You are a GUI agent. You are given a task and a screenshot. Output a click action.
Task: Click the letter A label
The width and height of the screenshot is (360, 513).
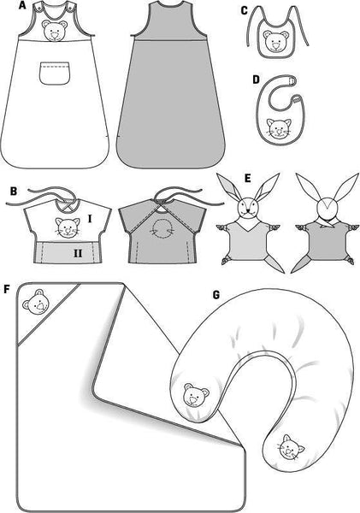pyautogui.click(x=22, y=5)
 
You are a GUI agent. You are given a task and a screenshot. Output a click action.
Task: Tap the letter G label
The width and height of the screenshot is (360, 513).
pyautogui.click(x=216, y=295)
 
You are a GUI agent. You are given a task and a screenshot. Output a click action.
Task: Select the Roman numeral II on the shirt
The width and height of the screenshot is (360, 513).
pyautogui.click(x=78, y=253)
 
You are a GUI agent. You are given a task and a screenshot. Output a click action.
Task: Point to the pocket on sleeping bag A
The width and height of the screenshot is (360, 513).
pyautogui.click(x=55, y=73)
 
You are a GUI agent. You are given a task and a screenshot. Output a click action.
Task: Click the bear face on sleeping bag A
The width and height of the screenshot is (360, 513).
pyautogui.click(x=55, y=32)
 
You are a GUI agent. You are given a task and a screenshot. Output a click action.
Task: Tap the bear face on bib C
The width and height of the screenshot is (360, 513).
pyautogui.click(x=274, y=42)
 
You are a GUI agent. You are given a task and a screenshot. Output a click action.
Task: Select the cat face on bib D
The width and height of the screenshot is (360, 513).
pyautogui.click(x=279, y=128)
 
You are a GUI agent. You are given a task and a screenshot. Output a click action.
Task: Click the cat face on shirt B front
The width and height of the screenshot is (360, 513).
pyautogui.click(x=68, y=227)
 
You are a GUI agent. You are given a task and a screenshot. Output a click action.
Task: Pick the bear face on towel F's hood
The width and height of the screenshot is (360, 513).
pyautogui.click(x=36, y=302)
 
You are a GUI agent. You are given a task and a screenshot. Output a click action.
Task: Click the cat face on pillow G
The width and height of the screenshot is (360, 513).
pyautogui.click(x=290, y=448)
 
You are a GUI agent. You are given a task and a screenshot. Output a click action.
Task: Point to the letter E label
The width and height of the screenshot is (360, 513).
pyautogui.click(x=248, y=179)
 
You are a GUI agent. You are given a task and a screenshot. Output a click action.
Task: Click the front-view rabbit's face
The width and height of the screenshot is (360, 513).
pyautogui.click(x=247, y=206)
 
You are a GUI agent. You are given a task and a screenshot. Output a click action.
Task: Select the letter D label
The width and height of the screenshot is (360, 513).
pyautogui.click(x=257, y=80)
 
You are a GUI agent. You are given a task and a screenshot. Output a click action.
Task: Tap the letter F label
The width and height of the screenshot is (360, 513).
pyautogui.click(x=7, y=289)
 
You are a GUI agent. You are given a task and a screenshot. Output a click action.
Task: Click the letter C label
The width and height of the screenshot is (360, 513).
pyautogui.click(x=245, y=11)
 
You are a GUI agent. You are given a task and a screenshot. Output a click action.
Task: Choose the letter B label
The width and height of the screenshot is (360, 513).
pyautogui.click(x=14, y=191)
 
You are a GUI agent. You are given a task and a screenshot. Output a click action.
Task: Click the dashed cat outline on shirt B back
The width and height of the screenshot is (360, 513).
pyautogui.click(x=161, y=227)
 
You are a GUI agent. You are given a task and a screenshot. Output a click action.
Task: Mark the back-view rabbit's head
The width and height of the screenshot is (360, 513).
pyautogui.click(x=328, y=206)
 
